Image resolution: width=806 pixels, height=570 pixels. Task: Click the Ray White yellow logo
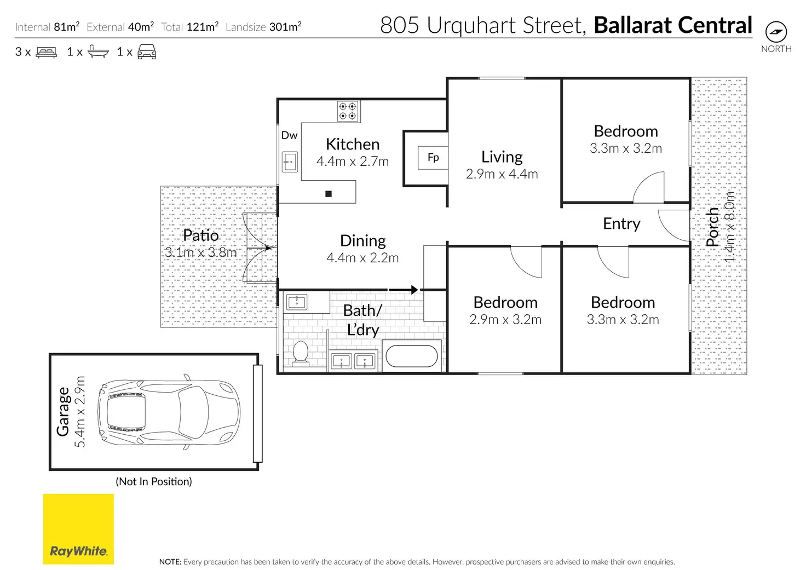(78, 528)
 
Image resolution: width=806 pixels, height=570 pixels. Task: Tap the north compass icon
(776, 32)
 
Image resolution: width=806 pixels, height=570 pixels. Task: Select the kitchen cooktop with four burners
(348, 111)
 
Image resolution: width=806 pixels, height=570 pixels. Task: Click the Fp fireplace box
(433, 158)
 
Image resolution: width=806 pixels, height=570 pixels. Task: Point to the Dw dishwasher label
(289, 135)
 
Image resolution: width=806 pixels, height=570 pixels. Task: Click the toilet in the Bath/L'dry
(301, 353)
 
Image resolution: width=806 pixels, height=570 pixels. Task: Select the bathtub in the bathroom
(412, 356)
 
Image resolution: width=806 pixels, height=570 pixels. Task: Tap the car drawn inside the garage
(169, 412)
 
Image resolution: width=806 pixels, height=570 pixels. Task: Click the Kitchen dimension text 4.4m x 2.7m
(353, 162)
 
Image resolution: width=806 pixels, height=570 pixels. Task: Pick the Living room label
(502, 157)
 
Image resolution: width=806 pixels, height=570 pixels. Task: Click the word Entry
(622, 224)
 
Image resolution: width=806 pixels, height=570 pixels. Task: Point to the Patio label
(201, 235)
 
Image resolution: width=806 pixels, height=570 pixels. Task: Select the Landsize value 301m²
(285, 27)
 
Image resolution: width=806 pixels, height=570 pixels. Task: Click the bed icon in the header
(47, 52)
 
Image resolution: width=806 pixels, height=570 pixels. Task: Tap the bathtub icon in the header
(98, 51)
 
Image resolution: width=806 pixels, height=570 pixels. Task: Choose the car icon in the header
(147, 52)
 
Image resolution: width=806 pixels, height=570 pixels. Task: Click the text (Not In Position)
(154, 481)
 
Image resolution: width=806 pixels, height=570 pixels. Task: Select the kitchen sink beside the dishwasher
(290, 162)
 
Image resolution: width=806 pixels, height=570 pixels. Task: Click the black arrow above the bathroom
(404, 289)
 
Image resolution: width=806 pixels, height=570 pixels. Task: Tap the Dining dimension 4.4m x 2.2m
(362, 258)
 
